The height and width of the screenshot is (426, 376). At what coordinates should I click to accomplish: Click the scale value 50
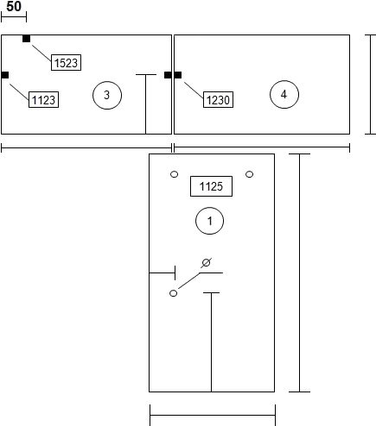tap(14, 6)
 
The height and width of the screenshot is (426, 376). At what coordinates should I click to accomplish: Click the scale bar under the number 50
tap(14, 17)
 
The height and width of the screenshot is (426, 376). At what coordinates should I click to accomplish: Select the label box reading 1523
tap(66, 62)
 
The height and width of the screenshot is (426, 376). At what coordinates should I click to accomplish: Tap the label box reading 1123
tap(43, 99)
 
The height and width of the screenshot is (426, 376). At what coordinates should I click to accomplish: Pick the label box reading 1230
tap(218, 99)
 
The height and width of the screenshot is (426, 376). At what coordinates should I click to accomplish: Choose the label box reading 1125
tap(211, 186)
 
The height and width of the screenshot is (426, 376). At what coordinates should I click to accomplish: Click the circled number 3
tap(107, 95)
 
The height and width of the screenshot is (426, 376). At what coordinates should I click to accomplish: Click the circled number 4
tap(284, 94)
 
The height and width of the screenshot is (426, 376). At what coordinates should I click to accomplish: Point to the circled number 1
tap(210, 221)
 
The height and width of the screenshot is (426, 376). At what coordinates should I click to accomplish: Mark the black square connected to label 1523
tap(26, 39)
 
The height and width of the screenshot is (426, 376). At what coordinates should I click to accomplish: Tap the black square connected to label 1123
tap(5, 75)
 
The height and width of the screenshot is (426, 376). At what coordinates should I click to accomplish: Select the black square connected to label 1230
tap(178, 75)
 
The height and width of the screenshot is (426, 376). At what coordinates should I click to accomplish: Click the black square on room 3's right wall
tap(168, 75)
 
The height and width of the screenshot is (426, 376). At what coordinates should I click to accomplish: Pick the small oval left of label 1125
tap(175, 174)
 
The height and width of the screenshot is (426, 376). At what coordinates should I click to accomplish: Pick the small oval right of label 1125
tap(250, 174)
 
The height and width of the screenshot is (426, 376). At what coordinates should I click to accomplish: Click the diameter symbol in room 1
tap(206, 263)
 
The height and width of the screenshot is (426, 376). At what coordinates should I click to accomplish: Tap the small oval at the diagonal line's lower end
tap(173, 293)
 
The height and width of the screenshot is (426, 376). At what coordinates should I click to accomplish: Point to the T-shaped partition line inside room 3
tap(146, 104)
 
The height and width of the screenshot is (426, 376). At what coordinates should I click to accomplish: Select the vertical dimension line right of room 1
tap(300, 273)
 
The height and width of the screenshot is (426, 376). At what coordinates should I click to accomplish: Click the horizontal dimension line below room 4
tap(262, 147)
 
